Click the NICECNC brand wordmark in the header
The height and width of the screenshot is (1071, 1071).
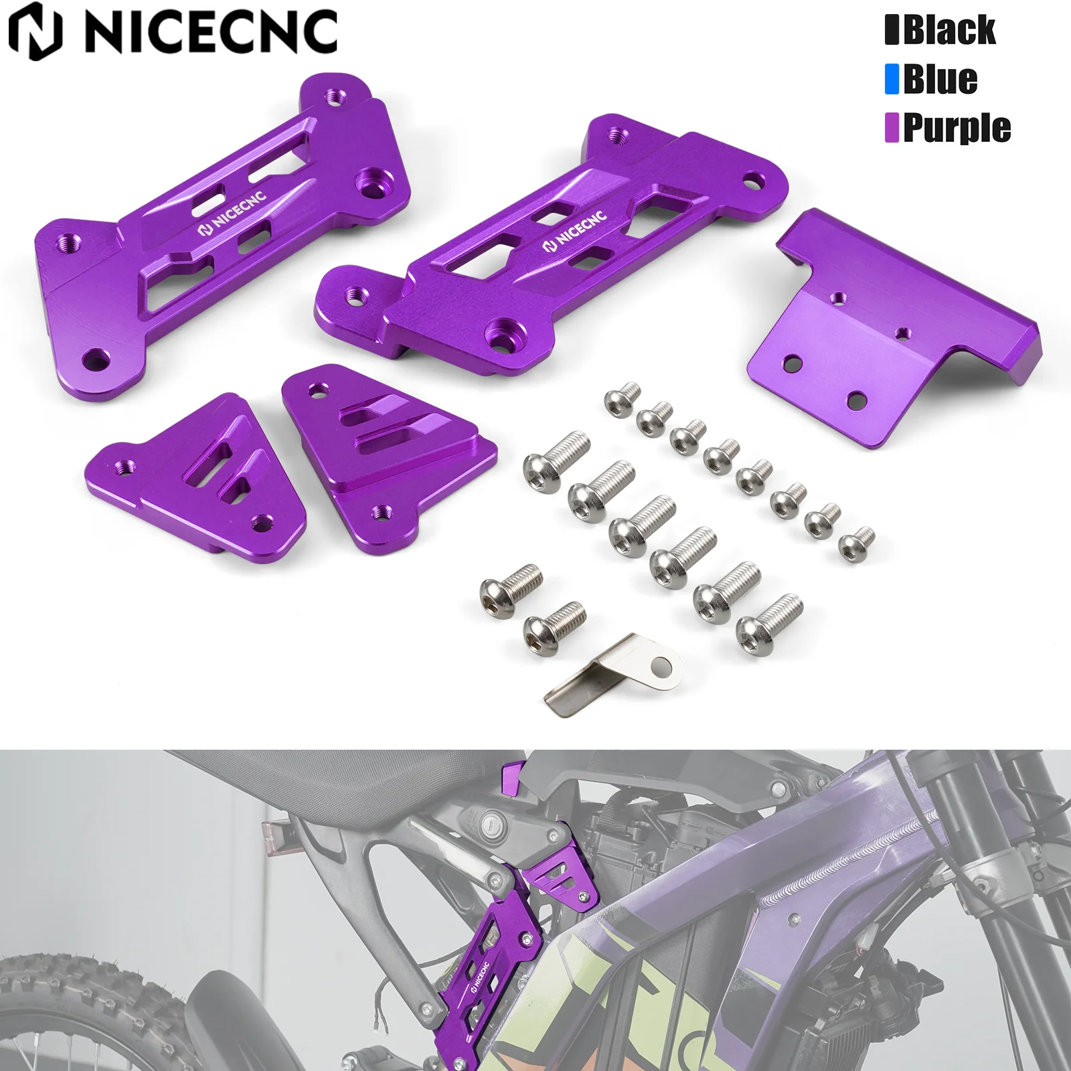211,32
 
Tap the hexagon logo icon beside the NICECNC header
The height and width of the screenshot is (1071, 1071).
35,32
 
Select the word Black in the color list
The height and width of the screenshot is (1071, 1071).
949,31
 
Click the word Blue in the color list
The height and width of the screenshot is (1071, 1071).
940,79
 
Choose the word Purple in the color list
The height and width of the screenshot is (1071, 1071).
957,127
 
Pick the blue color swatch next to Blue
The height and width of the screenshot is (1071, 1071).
892,79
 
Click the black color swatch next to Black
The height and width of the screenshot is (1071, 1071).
892,31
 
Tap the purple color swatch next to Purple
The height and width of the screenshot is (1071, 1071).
892,127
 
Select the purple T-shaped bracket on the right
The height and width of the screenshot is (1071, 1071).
890,328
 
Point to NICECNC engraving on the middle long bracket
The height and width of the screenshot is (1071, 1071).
574,231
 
